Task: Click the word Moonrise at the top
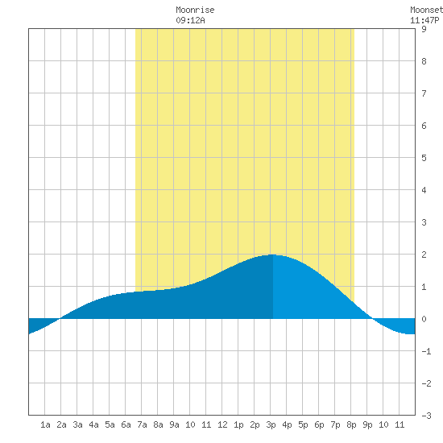(195, 10)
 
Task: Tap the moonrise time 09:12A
(190, 20)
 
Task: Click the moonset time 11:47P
(424, 20)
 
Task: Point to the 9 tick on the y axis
(424, 29)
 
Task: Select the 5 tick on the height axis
(424, 158)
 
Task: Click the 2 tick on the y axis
(424, 255)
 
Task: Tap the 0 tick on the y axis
(424, 319)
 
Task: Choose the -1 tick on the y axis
(426, 351)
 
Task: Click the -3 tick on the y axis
(426, 416)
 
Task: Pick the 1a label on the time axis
(45, 424)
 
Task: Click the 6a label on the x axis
(126, 424)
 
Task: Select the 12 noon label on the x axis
(222, 424)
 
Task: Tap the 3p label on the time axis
(271, 424)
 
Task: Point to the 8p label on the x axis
(351, 424)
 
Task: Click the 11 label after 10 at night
(400, 424)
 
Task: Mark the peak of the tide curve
(272, 255)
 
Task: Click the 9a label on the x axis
(174, 424)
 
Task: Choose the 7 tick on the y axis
(424, 93)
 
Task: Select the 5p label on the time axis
(303, 424)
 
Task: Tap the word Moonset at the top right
(426, 10)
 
